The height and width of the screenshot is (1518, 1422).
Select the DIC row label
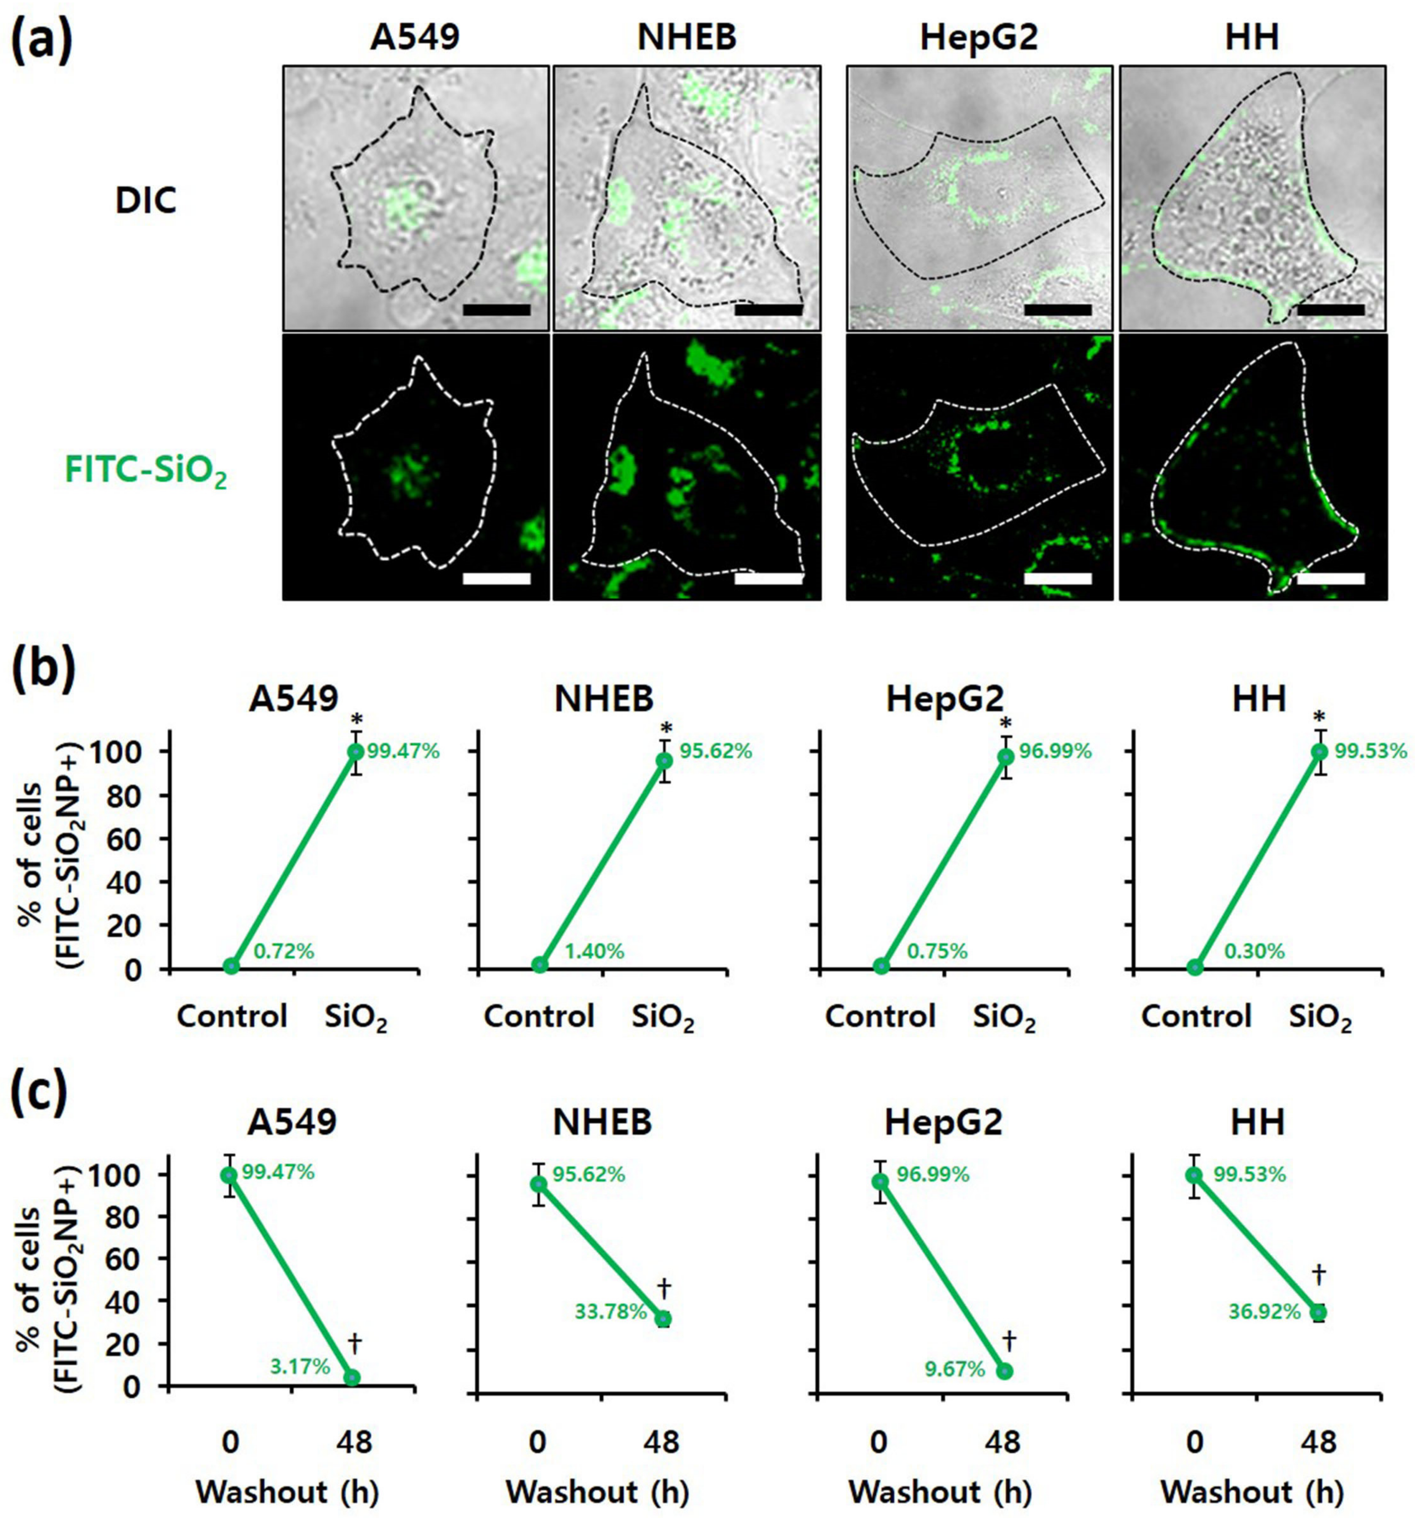tap(146, 201)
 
